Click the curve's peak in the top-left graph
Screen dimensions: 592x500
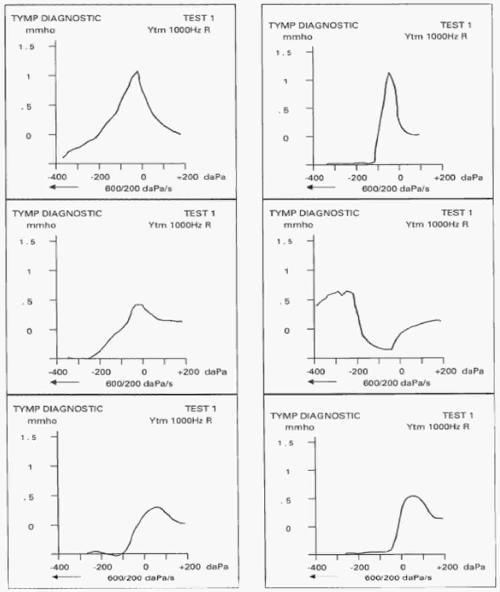point(138,72)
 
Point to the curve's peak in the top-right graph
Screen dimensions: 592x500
point(389,73)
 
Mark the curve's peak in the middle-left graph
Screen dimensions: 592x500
point(138,304)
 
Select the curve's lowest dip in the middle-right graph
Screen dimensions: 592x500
point(391,349)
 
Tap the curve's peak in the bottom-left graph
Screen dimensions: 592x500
point(157,507)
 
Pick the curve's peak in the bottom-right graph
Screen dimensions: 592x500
point(412,495)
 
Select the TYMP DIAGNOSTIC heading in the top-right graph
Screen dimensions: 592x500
point(314,25)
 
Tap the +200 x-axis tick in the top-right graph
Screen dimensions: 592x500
point(443,178)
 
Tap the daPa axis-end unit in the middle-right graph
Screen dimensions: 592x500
point(472,371)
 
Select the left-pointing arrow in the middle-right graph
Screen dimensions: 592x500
point(321,382)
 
